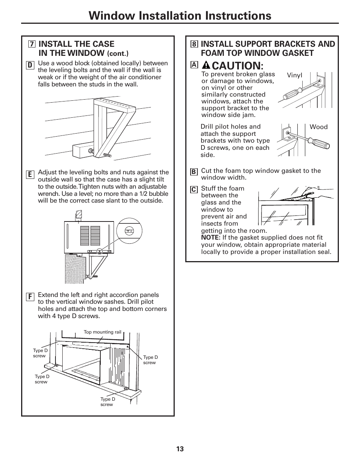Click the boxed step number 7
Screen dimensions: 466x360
click(32, 44)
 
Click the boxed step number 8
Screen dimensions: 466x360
click(194, 44)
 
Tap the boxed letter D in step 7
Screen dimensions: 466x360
click(29, 65)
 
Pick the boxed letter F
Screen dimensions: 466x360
click(29, 297)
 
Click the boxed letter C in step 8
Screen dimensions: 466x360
click(194, 190)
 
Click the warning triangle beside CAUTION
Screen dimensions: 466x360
click(206, 65)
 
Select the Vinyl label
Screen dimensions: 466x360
click(294, 75)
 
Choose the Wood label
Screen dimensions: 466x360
click(318, 127)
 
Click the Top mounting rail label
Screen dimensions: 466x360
click(102, 332)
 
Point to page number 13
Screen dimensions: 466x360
click(180, 449)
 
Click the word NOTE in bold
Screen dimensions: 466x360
click(210, 238)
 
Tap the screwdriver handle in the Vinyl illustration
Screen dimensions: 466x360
click(292, 93)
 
